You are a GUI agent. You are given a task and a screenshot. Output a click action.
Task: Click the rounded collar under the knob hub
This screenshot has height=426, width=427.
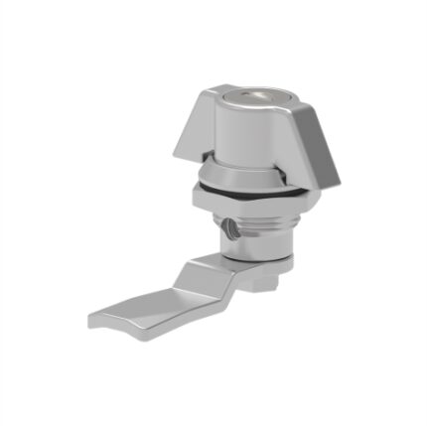pyautogui.click(x=243, y=171)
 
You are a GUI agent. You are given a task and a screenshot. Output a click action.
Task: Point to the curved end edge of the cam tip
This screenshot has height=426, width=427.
pyautogui.click(x=91, y=320)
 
